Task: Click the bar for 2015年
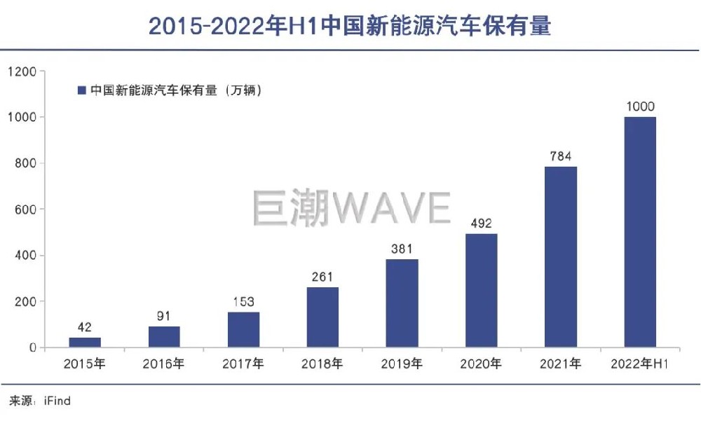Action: click(x=84, y=342)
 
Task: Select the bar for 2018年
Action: click(x=322, y=317)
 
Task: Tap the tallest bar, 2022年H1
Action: click(x=640, y=231)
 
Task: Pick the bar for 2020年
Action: click(x=482, y=290)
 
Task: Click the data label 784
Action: click(x=561, y=156)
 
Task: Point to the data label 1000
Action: click(x=640, y=106)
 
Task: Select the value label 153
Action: click(x=243, y=302)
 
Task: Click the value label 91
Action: click(x=164, y=316)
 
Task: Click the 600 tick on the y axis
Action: click(x=26, y=209)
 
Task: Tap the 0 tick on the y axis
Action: click(x=32, y=347)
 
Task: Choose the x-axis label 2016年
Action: click(x=164, y=364)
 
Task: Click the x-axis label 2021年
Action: click(x=561, y=364)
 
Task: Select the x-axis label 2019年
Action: click(x=402, y=364)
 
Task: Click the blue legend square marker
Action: click(x=81, y=90)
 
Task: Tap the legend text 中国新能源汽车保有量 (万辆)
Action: click(x=176, y=90)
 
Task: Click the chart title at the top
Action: click(x=350, y=26)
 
